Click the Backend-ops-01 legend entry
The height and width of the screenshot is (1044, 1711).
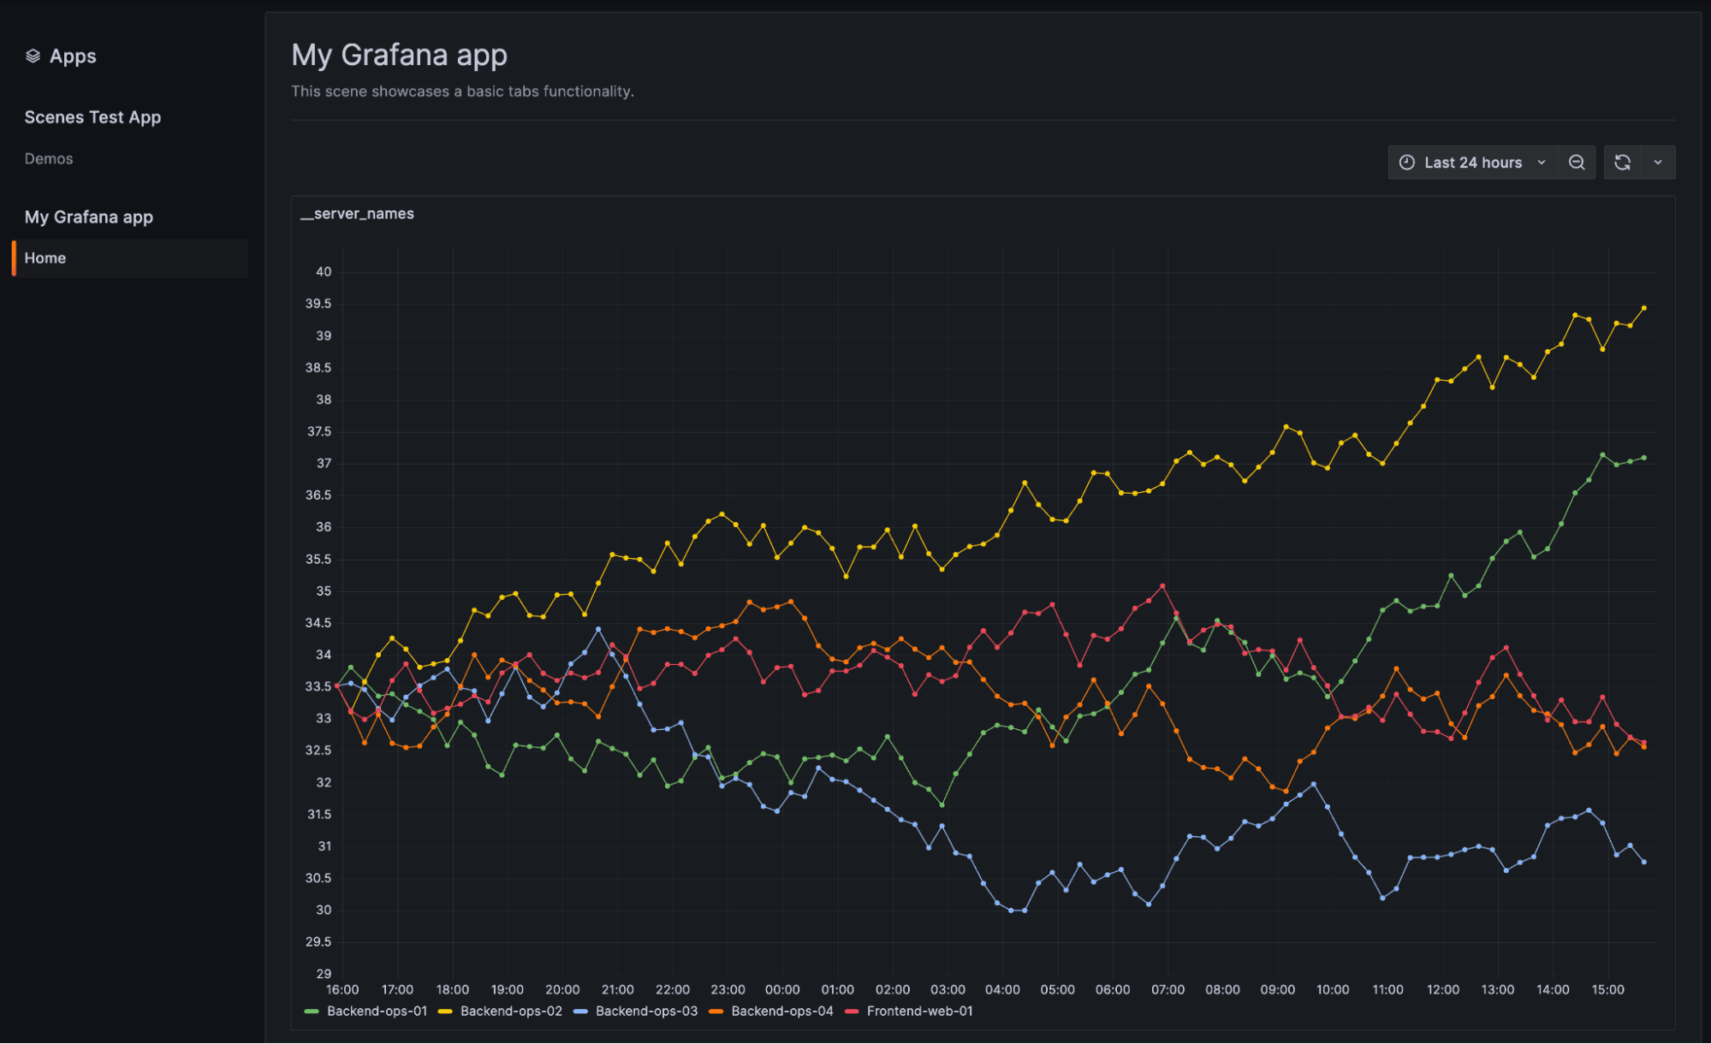(x=377, y=1011)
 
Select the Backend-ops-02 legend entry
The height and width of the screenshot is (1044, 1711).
(x=511, y=1011)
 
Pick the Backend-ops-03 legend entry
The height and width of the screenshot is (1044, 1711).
(x=646, y=1011)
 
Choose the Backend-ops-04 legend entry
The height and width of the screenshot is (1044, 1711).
(x=781, y=1011)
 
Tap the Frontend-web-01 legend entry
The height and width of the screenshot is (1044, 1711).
(x=919, y=1011)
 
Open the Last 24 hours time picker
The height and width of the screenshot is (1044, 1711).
(x=1472, y=163)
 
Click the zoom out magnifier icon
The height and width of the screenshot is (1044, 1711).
(x=1577, y=163)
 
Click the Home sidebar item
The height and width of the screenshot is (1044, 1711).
(x=45, y=258)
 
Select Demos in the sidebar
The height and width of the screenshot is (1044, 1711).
(x=49, y=159)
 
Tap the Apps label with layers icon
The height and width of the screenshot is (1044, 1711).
(x=61, y=56)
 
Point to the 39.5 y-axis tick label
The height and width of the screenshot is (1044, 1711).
(x=318, y=304)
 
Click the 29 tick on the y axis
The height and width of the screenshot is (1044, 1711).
(x=324, y=974)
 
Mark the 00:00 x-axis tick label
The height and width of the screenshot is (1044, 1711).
(x=782, y=990)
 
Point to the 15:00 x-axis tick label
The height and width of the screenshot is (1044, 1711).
(x=1607, y=990)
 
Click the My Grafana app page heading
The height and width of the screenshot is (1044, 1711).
(x=399, y=55)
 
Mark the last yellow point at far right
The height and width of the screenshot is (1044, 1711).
(x=1644, y=308)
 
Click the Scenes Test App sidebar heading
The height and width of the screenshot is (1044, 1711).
(x=92, y=117)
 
